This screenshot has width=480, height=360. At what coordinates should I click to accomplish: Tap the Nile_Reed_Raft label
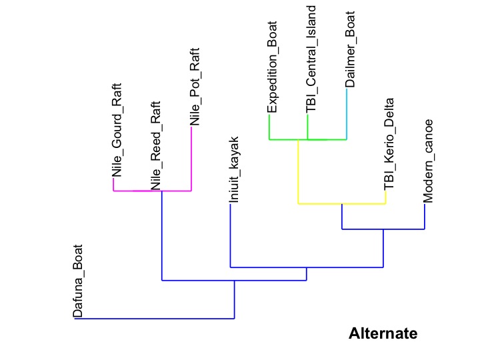pos(155,145)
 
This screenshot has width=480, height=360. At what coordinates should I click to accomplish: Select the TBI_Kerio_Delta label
pos(389,143)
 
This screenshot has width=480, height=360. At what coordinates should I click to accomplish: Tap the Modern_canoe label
pos(429,161)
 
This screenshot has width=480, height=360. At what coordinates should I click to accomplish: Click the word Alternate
pos(383,333)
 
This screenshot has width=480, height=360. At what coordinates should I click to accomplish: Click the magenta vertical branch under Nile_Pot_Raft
pos(192,159)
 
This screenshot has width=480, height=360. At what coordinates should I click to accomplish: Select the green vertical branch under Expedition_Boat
pos(269,127)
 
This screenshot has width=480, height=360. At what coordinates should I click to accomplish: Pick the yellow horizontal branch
pos(341,203)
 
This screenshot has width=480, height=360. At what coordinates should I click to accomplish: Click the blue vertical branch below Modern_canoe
pos(425,217)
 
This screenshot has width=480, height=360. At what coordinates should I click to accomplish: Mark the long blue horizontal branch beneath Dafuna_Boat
pos(154,319)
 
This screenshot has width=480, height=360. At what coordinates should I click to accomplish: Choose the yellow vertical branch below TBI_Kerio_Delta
pos(386,198)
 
